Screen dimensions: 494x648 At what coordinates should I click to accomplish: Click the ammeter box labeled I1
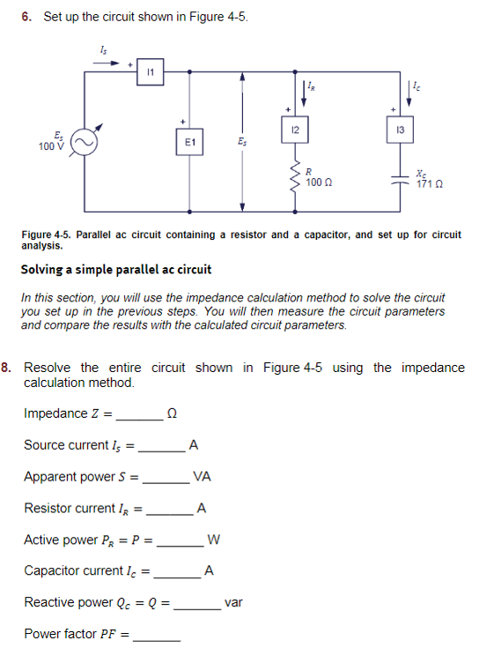(151, 71)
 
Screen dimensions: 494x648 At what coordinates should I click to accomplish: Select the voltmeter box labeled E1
(190, 141)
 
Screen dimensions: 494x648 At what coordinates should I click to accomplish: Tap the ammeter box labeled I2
(296, 130)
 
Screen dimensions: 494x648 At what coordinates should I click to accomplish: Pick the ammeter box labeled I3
(401, 130)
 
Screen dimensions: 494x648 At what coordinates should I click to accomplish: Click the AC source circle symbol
(85, 141)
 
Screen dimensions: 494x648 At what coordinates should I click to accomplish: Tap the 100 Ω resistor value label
(319, 182)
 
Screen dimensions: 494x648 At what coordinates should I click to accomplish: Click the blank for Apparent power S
(166, 481)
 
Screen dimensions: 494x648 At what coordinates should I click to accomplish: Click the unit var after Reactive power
(233, 603)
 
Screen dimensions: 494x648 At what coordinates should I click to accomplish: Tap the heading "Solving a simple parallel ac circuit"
(116, 269)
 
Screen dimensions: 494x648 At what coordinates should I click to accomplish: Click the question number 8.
(7, 368)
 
